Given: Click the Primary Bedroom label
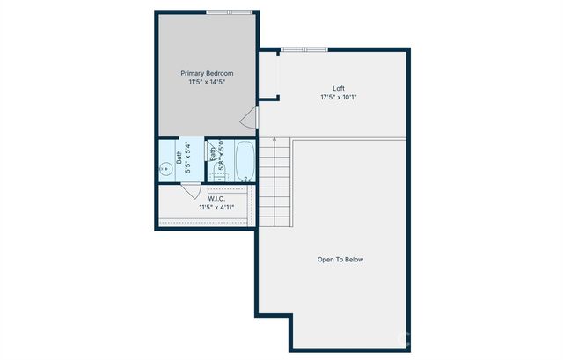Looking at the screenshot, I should (x=208, y=73).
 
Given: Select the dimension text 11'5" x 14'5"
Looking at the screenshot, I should (x=208, y=82).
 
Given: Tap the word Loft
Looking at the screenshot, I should (x=338, y=88).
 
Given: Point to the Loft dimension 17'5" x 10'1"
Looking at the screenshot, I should (x=338, y=97).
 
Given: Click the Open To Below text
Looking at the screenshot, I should (x=340, y=260).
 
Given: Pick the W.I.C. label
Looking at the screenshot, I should (x=216, y=199).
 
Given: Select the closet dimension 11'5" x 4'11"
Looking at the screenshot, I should (x=216, y=208).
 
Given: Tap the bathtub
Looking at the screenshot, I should (x=245, y=162).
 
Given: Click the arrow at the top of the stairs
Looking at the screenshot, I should (x=274, y=141).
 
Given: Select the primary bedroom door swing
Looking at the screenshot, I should (x=249, y=118).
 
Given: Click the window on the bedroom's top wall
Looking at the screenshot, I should (x=227, y=11).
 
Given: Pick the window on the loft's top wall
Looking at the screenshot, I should (x=304, y=48).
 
